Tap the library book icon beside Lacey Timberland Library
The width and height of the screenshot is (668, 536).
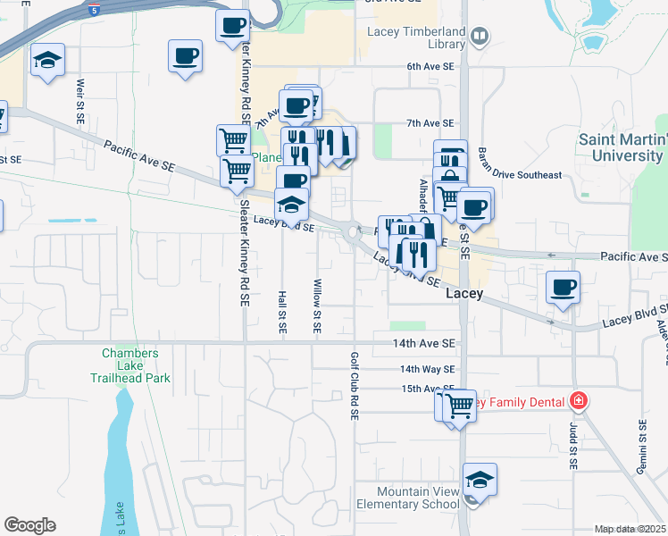(480, 36)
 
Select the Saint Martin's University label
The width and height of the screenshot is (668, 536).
(622, 147)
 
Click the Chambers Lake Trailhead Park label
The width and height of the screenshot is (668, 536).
(136, 365)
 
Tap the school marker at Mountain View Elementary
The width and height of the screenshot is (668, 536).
(480, 481)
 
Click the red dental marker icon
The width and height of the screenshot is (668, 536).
(579, 400)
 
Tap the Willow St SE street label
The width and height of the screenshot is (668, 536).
(317, 306)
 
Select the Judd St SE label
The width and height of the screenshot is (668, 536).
(573, 447)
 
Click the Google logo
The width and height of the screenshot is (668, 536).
(29, 525)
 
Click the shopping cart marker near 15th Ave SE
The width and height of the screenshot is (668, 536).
(461, 406)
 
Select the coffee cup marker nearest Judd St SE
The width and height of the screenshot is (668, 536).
(563, 288)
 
